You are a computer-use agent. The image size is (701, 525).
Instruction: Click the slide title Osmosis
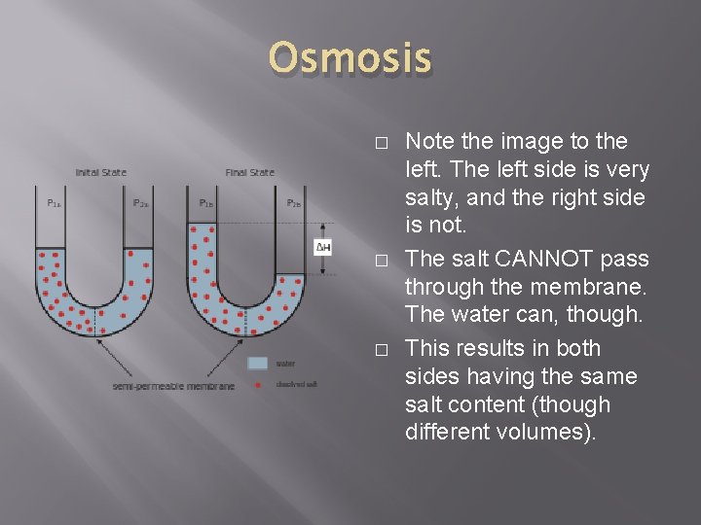350,58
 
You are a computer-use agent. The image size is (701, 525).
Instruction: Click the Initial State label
101,173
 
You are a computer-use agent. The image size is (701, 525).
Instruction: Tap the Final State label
250,173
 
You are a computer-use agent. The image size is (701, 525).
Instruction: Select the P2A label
141,203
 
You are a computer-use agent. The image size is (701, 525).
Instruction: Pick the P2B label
293,203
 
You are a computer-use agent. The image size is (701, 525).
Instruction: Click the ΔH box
324,249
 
